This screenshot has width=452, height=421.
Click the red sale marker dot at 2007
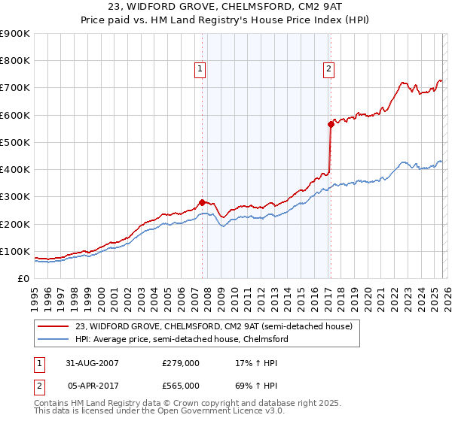202,202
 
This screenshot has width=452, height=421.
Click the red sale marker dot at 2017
330,125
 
